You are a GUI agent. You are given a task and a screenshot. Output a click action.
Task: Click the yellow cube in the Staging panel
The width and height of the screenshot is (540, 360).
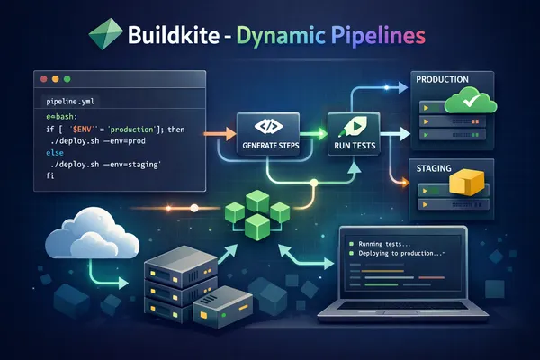[468, 184]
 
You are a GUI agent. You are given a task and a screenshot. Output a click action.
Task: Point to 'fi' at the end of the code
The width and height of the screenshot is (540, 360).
[49, 180]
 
